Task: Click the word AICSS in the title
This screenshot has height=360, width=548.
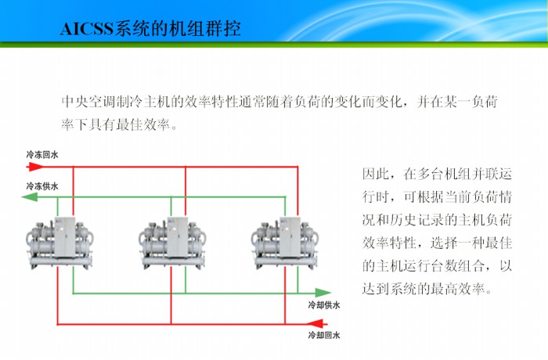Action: [87, 30]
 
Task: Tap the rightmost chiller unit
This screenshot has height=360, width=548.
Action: [286, 239]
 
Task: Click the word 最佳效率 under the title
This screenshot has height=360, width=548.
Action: [141, 124]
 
